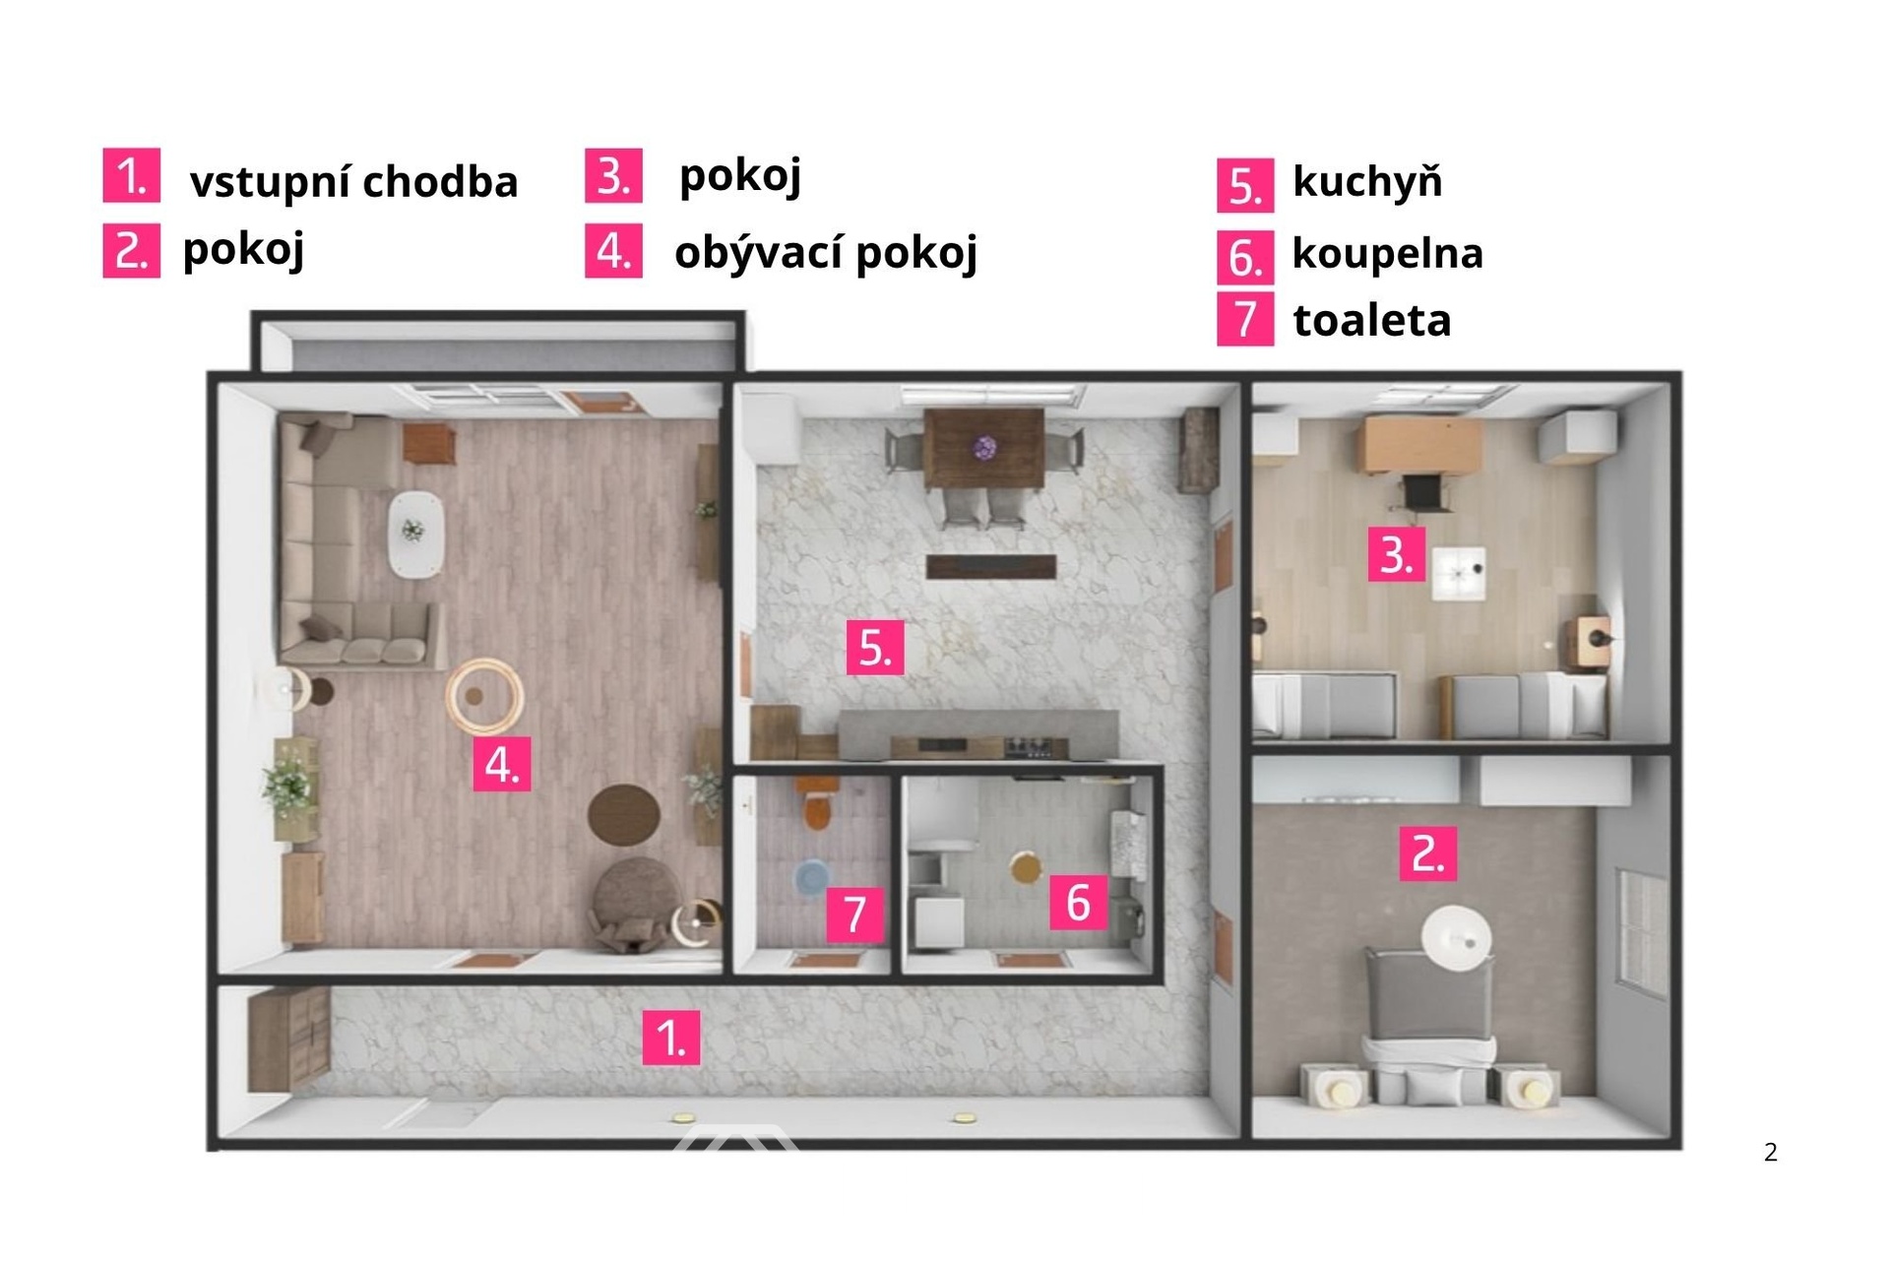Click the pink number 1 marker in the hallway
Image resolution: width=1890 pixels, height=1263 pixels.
[671, 1038]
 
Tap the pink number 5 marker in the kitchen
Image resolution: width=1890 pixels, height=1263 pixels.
[875, 647]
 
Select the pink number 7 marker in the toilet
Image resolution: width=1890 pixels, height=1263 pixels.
[854, 914]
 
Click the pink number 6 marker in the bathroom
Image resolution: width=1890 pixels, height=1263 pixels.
[1079, 902]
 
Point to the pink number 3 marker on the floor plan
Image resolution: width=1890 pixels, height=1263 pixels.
[1396, 554]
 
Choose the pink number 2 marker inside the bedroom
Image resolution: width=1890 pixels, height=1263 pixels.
[1428, 853]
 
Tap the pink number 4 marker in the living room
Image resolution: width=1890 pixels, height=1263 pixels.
[502, 764]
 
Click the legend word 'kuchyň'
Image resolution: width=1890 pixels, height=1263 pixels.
[1367, 181]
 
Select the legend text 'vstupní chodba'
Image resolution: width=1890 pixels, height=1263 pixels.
[353, 182]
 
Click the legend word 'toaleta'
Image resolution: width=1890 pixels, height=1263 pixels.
[1371, 320]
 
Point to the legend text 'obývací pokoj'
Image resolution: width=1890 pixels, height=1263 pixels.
[826, 253]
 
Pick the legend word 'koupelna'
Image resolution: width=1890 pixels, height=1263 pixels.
[1387, 253]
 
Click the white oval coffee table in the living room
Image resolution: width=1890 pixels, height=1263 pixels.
[414, 533]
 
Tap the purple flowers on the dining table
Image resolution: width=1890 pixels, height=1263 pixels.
[983, 449]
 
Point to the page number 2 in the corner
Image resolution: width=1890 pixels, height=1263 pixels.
[1770, 1152]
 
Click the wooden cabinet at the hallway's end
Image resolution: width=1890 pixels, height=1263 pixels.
[286, 1040]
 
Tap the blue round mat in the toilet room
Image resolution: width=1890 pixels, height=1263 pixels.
[812, 875]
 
